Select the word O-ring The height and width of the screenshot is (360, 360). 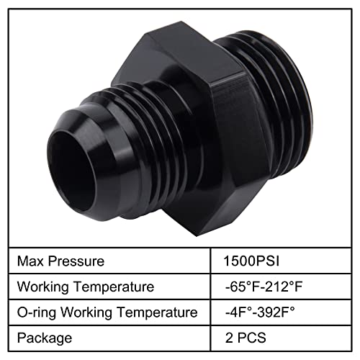coord(36,312)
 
